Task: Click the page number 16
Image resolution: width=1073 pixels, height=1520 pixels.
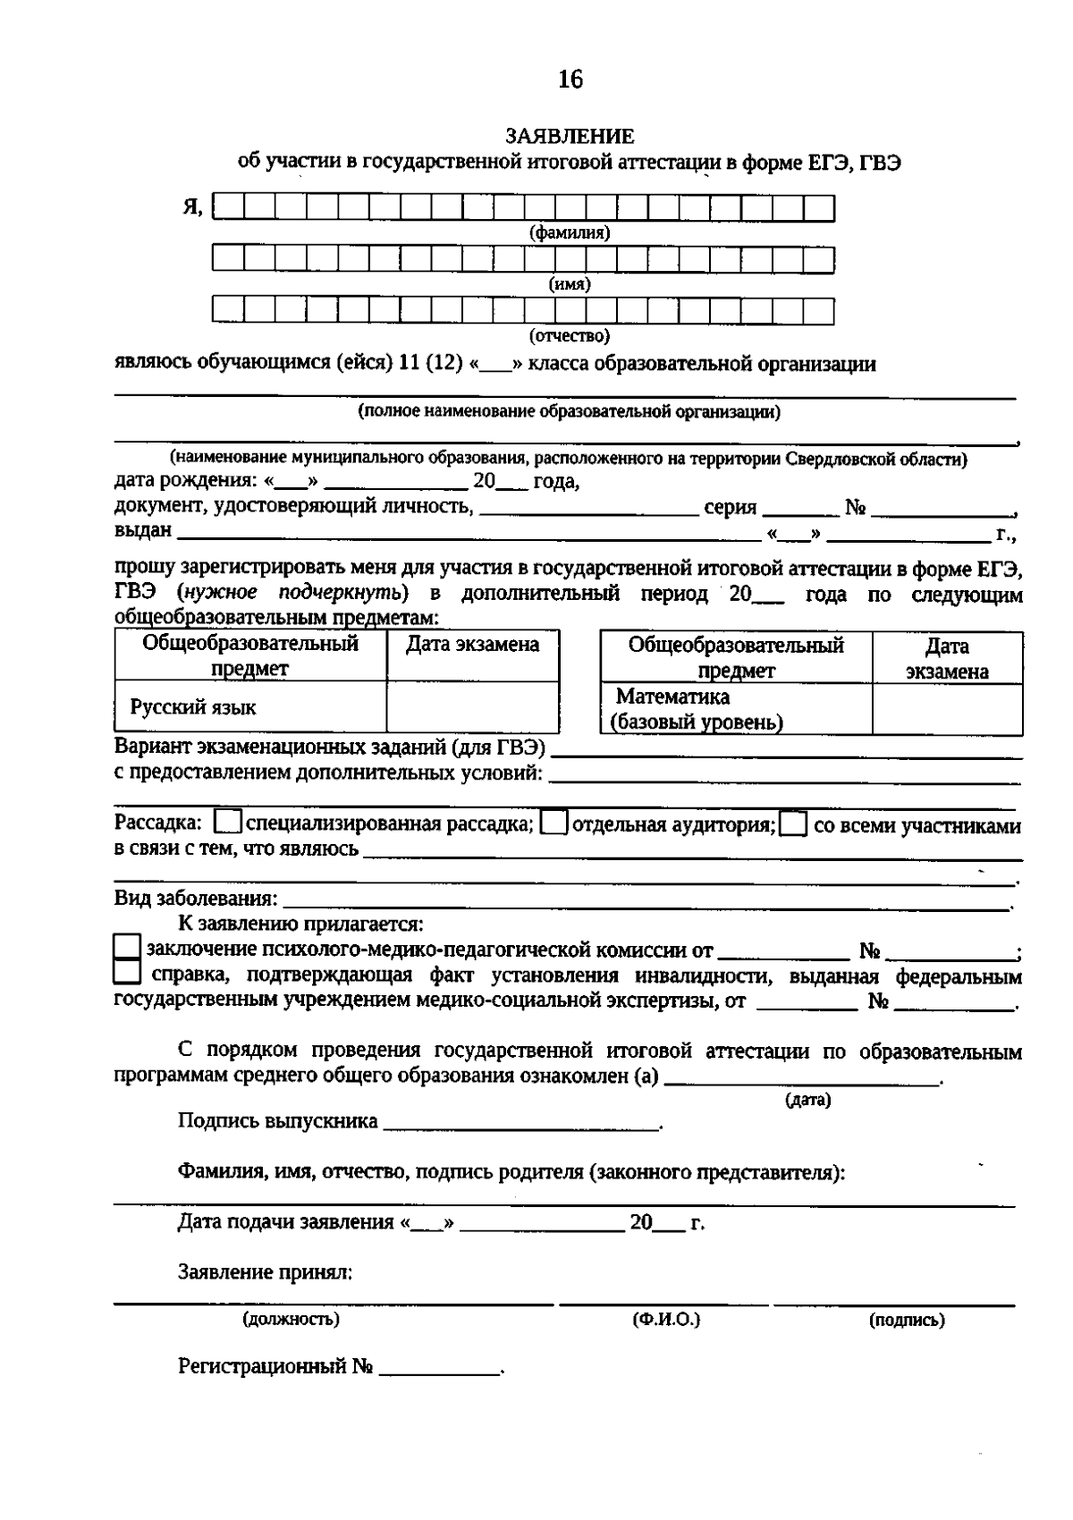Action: (x=570, y=80)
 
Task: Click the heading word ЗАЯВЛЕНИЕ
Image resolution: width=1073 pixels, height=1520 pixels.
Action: (x=570, y=137)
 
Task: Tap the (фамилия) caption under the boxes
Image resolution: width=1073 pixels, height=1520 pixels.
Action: (x=570, y=233)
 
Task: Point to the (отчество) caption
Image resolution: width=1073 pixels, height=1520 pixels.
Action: (x=570, y=336)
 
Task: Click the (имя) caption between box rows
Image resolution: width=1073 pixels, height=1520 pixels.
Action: (x=570, y=284)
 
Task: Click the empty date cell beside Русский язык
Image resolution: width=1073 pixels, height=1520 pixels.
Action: (x=472, y=707)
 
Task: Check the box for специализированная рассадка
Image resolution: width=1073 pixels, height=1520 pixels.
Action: (x=229, y=823)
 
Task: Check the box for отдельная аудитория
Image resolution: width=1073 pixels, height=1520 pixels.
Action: (x=554, y=823)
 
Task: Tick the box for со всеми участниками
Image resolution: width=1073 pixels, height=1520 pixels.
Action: (x=793, y=823)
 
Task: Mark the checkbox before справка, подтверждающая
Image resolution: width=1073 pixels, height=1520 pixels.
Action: (x=128, y=973)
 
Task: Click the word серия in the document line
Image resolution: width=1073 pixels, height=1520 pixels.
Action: (x=730, y=508)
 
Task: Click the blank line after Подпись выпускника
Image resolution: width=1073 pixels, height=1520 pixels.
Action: (x=521, y=1123)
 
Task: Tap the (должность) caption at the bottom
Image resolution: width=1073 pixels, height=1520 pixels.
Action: (x=291, y=1320)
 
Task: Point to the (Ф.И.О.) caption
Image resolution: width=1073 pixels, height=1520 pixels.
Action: (x=665, y=1320)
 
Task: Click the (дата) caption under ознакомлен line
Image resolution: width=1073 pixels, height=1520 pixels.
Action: (x=807, y=1100)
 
